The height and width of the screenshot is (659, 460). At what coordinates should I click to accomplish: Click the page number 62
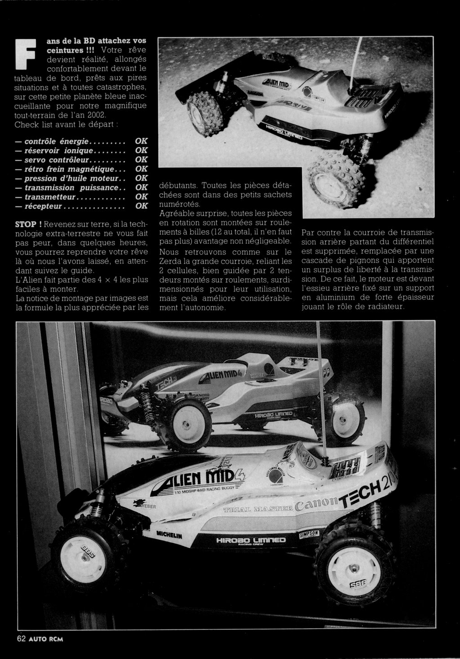[x=21, y=639]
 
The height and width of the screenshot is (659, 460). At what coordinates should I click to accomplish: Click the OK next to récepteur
[x=141, y=206]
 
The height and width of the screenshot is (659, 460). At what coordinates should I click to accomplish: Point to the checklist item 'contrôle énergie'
[x=57, y=141]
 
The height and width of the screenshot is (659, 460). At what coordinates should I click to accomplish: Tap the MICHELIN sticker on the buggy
[x=169, y=535]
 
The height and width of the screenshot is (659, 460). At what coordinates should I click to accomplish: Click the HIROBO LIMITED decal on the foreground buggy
[x=251, y=540]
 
